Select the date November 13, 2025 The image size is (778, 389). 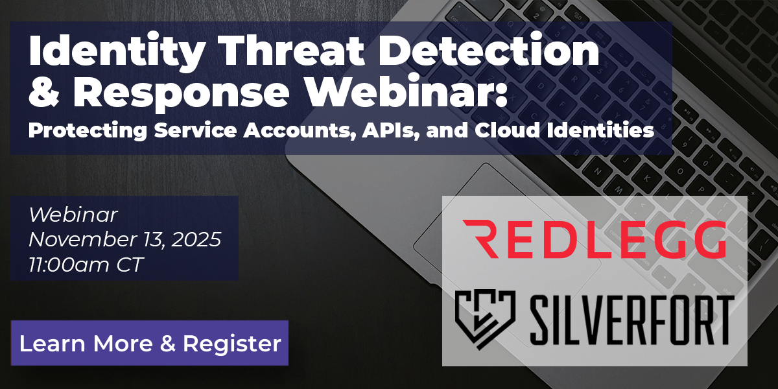coord(125,239)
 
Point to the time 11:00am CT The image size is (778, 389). coord(88,264)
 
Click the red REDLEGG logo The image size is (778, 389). coord(594,238)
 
